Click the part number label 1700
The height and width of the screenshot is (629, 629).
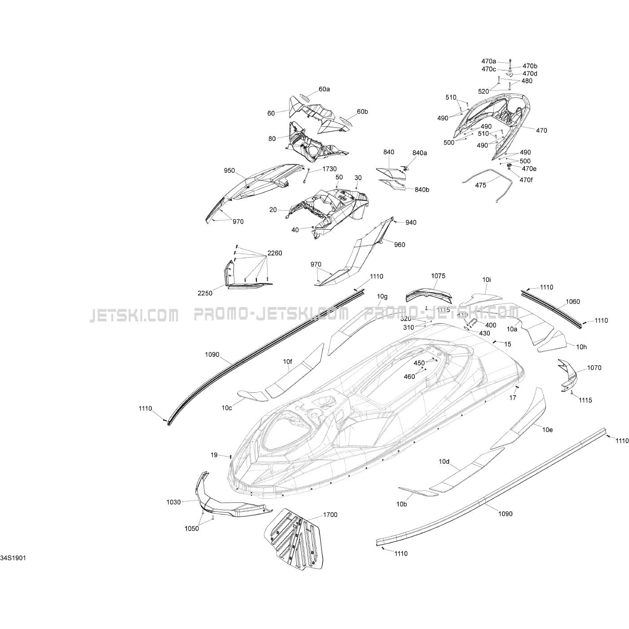[x=330, y=515]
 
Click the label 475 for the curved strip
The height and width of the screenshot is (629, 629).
[x=480, y=185]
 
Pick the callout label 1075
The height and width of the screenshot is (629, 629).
[x=438, y=276]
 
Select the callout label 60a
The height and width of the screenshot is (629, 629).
[x=324, y=89]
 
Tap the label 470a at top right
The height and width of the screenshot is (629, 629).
[x=488, y=61]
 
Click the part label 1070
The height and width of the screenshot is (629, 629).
[x=594, y=368]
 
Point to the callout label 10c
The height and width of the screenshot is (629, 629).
[x=227, y=408]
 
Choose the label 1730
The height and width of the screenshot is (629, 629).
[x=329, y=169]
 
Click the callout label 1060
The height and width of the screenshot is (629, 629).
[x=560, y=302]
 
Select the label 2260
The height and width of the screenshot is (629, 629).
[x=275, y=253]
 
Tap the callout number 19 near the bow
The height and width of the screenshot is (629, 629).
[x=214, y=455]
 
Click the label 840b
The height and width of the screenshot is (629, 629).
[x=422, y=189]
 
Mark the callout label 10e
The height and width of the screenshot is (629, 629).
[x=547, y=430]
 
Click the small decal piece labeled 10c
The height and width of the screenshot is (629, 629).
[x=251, y=395]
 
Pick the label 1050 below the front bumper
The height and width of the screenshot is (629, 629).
[x=192, y=528]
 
